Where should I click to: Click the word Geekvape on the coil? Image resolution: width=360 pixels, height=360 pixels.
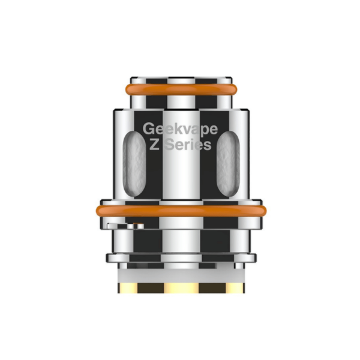click(180, 129)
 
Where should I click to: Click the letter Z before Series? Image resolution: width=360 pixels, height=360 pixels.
click(154, 145)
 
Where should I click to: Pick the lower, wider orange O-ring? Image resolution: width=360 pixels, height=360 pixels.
click(181, 211)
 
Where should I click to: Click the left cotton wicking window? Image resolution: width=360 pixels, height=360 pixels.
click(134, 164)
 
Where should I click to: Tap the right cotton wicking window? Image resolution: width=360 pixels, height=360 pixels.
click(228, 164)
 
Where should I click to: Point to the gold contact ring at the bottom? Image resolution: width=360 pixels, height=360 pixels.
click(181, 288)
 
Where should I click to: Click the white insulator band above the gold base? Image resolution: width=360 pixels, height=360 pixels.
click(181, 276)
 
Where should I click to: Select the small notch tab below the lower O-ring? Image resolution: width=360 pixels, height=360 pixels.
click(125, 226)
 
